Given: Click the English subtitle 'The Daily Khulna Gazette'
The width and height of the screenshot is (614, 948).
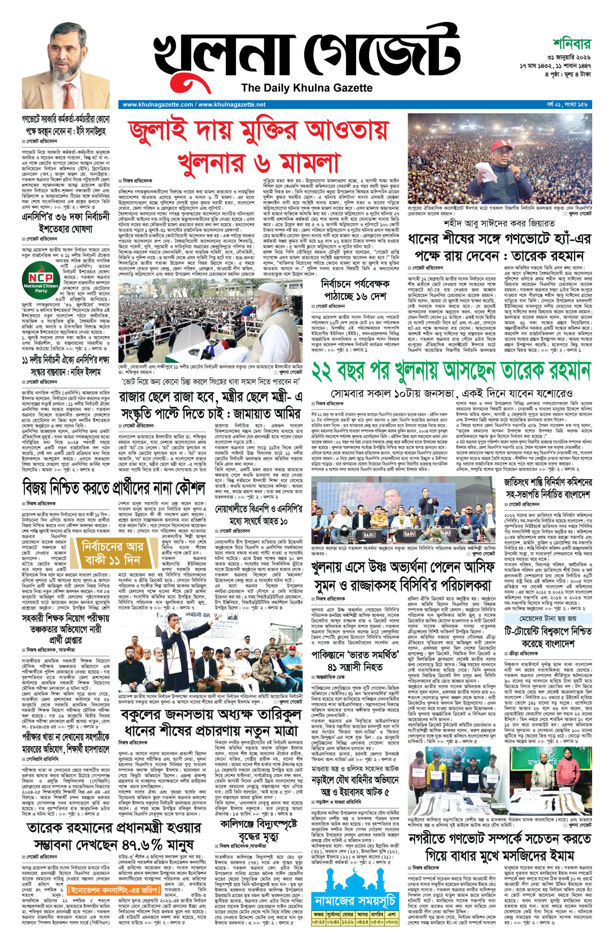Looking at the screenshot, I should coord(306,88).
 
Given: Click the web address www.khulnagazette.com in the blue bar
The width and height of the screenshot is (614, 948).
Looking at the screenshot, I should coord(158,105).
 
